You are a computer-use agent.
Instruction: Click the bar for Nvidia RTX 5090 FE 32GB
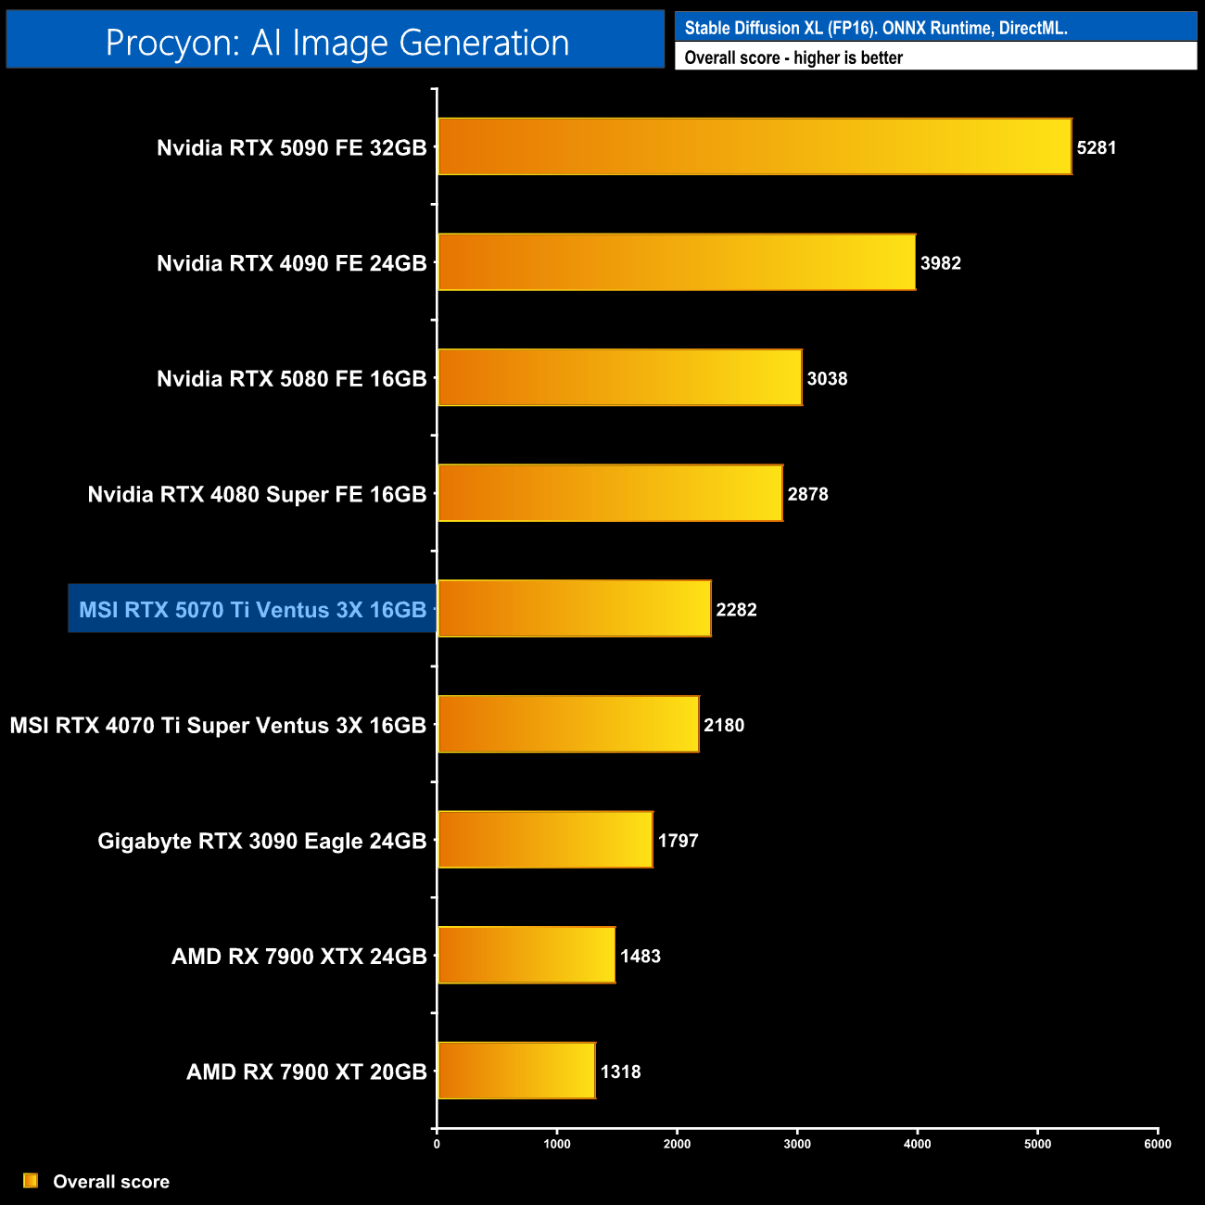tap(755, 146)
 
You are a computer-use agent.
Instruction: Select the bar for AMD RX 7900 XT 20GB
tap(516, 1071)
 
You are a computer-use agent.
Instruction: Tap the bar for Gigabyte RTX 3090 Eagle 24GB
tap(545, 840)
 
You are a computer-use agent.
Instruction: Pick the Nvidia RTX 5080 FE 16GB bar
tap(620, 377)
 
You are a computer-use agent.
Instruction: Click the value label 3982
tap(941, 263)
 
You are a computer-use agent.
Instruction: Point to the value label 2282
tap(737, 610)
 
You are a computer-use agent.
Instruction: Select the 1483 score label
tap(641, 957)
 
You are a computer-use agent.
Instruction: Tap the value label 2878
tap(808, 494)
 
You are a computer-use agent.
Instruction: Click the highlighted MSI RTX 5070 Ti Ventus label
tap(252, 610)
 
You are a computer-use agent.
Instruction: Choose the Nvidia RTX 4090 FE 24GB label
tap(292, 263)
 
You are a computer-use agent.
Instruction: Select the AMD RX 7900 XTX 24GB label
tap(299, 957)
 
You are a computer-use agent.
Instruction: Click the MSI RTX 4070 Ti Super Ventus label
tap(218, 725)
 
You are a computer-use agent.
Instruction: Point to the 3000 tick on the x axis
tap(797, 1144)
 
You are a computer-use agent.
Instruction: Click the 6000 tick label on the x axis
tap(1158, 1144)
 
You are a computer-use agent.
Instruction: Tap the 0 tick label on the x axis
tap(437, 1144)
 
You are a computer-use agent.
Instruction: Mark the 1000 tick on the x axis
tap(557, 1144)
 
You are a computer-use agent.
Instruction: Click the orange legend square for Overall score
tap(31, 1181)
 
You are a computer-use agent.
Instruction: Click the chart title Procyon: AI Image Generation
tap(336, 43)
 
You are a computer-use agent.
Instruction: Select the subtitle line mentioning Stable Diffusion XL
tap(876, 28)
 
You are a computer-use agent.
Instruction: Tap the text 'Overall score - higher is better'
tap(793, 57)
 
